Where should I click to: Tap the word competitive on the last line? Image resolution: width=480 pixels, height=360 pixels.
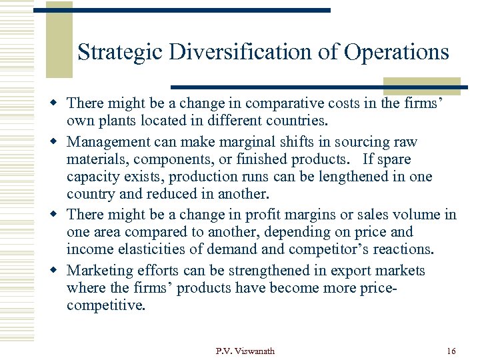pos(105,305)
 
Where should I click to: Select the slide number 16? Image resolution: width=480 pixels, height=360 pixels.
pos(451,351)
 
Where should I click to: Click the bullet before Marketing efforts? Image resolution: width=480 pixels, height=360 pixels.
pos(57,270)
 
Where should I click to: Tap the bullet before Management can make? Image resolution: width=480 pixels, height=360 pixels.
pos(57,142)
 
